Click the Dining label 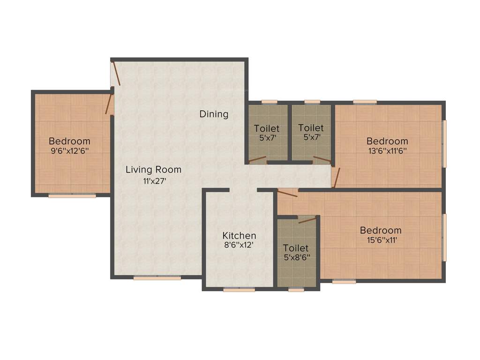click(214, 114)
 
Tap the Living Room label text click(153, 170)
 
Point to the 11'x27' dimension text click(155, 181)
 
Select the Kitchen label click(239, 235)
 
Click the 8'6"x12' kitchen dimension click(239, 245)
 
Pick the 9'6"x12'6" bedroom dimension click(69, 151)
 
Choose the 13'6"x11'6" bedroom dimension click(387, 151)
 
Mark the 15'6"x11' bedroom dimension click(381, 240)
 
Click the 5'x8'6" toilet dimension click(296, 257)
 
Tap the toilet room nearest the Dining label click(267, 133)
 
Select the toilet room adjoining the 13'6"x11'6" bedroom click(311, 133)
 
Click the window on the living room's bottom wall click(157, 278)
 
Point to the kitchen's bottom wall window click(239, 290)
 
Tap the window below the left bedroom click(72, 195)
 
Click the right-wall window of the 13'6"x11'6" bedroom click(445, 143)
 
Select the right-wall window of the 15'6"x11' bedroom click(445, 237)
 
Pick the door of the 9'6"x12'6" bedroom click(109, 104)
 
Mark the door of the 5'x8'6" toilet click(307, 220)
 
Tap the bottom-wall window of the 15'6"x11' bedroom click(344, 282)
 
